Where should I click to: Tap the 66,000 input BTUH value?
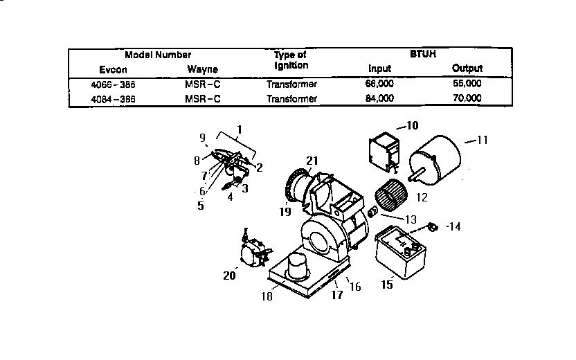pos(379,84)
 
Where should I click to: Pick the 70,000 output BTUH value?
pos(467,98)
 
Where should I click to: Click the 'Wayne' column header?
pos(202,69)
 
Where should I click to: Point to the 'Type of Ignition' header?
pos(290,60)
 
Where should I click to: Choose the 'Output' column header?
pos(467,69)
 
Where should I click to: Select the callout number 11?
pos(482,140)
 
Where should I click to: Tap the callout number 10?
pos(412,125)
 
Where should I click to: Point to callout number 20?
pos(230,276)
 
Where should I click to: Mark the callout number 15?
pos(388,284)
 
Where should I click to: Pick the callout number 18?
pos(267,296)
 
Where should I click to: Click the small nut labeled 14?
pos(433,226)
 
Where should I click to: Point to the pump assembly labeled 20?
pos(251,250)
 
